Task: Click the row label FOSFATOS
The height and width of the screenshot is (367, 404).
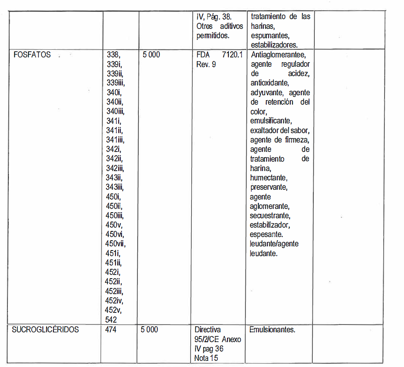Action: pyautogui.click(x=31, y=55)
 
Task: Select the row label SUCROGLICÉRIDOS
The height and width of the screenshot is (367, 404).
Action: pyautogui.click(x=45, y=330)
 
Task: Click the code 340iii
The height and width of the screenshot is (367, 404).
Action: pyautogui.click(x=115, y=111)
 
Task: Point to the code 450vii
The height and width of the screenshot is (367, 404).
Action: pyautogui.click(x=116, y=244)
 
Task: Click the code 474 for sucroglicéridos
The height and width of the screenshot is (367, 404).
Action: pyautogui.click(x=111, y=330)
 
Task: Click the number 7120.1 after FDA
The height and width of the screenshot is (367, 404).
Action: pyautogui.click(x=232, y=55)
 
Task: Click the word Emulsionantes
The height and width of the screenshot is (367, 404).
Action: pyautogui.click(x=272, y=330)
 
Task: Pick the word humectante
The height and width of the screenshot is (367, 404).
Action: pyautogui.click(x=269, y=178)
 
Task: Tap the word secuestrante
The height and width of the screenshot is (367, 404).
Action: pyautogui.click(x=270, y=215)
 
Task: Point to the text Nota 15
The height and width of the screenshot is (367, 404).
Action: pyautogui.click(x=206, y=358)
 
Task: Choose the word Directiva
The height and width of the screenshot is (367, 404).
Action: pyautogui.click(x=208, y=330)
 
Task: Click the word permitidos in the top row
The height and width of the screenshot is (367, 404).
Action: pyautogui.click(x=212, y=36)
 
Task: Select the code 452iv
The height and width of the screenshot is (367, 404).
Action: pyautogui.click(x=115, y=301)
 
